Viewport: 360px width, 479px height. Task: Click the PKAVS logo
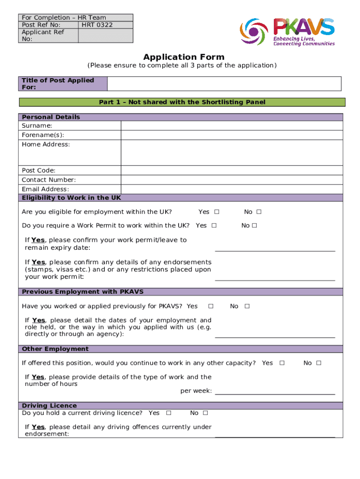[x=288, y=31]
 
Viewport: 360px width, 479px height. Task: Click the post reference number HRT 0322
[x=97, y=25]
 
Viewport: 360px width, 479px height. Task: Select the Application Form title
[x=184, y=57]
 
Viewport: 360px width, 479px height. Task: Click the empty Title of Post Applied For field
[x=224, y=84]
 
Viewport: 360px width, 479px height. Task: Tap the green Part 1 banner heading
[x=182, y=102]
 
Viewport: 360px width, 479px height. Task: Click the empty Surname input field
[x=232, y=126]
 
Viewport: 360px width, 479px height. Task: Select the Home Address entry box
[x=232, y=152]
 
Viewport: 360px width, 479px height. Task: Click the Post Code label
[x=38, y=170]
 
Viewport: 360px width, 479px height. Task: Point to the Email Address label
[x=45, y=189]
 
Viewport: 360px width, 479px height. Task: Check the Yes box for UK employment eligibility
[x=216, y=212]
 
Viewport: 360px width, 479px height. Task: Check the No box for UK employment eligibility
[x=259, y=212]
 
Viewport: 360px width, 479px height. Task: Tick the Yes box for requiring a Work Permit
[x=214, y=225]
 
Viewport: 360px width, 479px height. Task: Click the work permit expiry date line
[x=275, y=248]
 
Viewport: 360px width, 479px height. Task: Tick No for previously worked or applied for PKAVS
[x=247, y=306]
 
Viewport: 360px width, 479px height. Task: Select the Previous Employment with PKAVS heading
[x=83, y=291]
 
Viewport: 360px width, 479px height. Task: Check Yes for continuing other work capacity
[x=281, y=363]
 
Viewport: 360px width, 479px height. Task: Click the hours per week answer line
[x=275, y=391]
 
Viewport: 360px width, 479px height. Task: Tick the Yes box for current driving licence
[x=168, y=413]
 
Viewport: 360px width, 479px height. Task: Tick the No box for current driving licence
[x=205, y=413]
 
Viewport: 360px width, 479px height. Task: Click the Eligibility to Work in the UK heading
[x=72, y=198]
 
